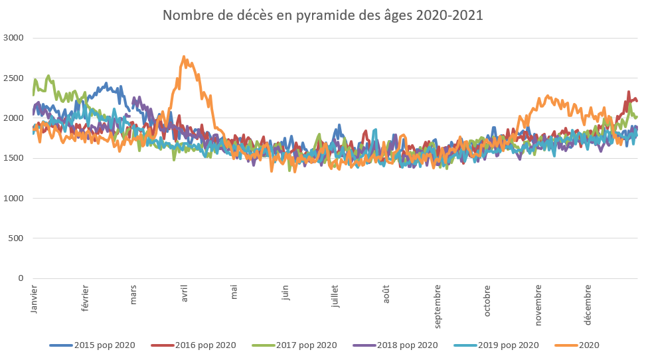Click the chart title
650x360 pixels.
pos(323,15)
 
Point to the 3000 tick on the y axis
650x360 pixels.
pos(13,38)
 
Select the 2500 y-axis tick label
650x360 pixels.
pos(13,78)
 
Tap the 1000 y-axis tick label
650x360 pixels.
pos(13,198)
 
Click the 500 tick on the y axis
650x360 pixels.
pos(16,238)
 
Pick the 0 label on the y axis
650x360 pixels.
pos(21,278)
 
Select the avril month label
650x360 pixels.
pos(185,293)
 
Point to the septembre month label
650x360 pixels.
pos(437,306)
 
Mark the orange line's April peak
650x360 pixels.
pos(184,57)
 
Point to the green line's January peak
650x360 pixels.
pos(48,76)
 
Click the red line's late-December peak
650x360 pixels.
pos(629,92)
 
